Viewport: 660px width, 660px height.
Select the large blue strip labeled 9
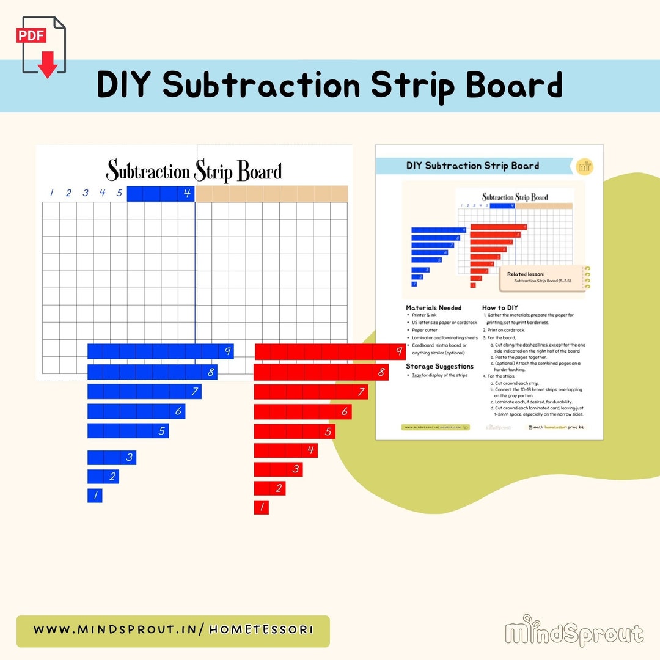[160, 351]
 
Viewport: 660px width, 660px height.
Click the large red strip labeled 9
[329, 351]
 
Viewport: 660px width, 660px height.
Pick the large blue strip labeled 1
[95, 496]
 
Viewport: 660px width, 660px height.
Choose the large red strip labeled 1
[262, 507]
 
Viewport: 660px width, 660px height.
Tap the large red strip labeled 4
[285, 450]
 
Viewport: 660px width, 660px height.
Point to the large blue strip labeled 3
[112, 457]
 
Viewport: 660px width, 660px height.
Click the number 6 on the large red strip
[344, 412]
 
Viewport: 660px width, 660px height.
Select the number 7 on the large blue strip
[195, 392]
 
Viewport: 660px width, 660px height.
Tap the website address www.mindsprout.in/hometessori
[173, 630]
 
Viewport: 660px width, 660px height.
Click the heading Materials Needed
[434, 308]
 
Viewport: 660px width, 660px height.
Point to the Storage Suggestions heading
[440, 366]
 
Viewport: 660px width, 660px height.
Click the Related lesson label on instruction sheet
[526, 274]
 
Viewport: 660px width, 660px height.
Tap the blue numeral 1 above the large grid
[51, 193]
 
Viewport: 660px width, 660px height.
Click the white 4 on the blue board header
[187, 194]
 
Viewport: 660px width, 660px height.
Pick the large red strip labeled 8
[321, 372]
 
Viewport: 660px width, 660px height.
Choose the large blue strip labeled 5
[128, 430]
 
